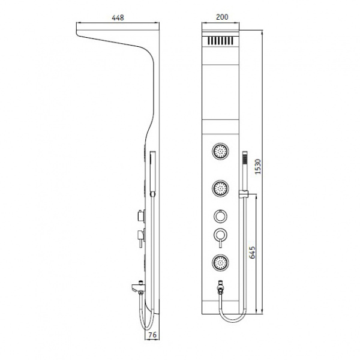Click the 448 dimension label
[x=118, y=17]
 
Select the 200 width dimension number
[x=222, y=17]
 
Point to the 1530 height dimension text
[x=258, y=166]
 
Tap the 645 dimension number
[x=252, y=253]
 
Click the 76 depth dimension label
[x=152, y=335]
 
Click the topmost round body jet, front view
[x=220, y=151]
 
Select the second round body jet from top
[x=220, y=188]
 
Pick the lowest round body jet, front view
[x=220, y=262]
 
